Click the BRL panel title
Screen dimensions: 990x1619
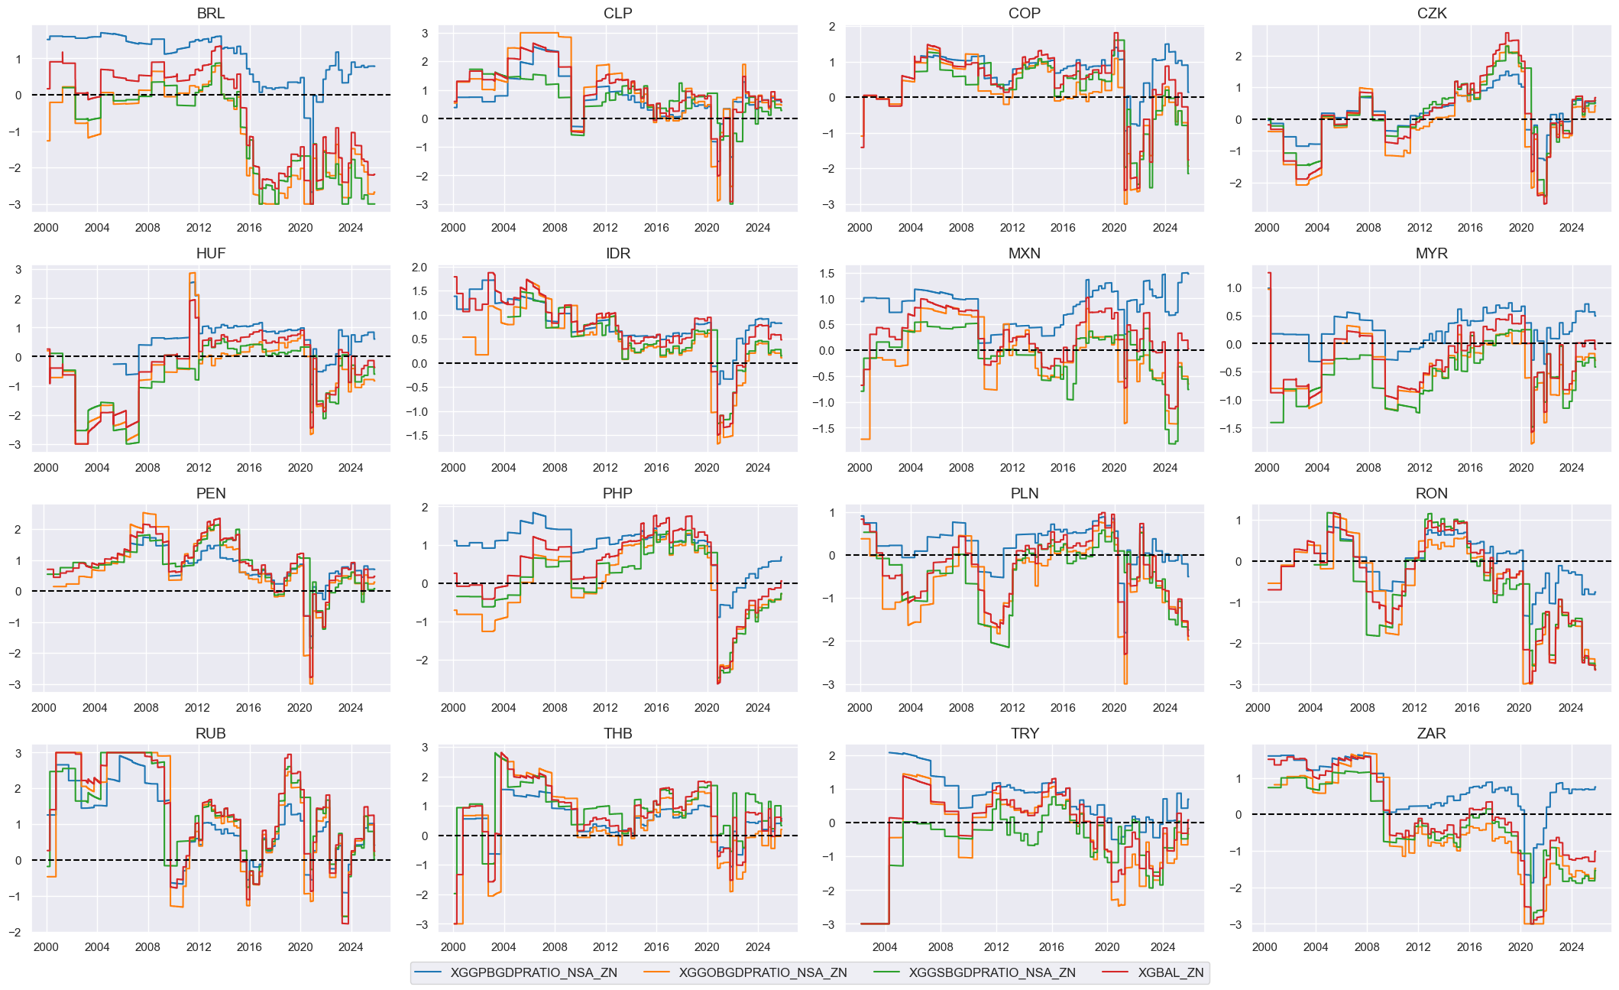(210, 13)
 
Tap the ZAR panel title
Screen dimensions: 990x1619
(1431, 733)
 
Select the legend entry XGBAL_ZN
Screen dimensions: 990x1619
(1170, 972)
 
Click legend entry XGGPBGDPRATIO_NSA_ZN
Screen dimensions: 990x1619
(533, 972)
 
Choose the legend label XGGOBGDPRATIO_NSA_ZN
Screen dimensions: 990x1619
(763, 972)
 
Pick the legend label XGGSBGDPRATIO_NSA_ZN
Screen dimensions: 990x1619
(992, 972)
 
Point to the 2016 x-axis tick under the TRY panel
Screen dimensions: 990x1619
(1051, 946)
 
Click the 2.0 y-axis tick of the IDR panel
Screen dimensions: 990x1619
(419, 268)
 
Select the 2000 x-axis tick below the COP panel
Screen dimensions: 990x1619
(860, 227)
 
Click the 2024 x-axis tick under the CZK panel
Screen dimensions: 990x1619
(1571, 227)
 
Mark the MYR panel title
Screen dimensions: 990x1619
(1431, 253)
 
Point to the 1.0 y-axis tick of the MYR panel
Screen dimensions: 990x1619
(1233, 288)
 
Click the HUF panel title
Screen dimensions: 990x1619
(210, 253)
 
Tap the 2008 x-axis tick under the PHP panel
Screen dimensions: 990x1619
(555, 707)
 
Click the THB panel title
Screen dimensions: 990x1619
(617, 733)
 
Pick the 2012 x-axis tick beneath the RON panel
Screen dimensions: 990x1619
(1414, 707)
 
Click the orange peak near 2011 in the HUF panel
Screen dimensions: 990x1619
(192, 274)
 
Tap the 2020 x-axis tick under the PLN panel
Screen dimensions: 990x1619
(1114, 707)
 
